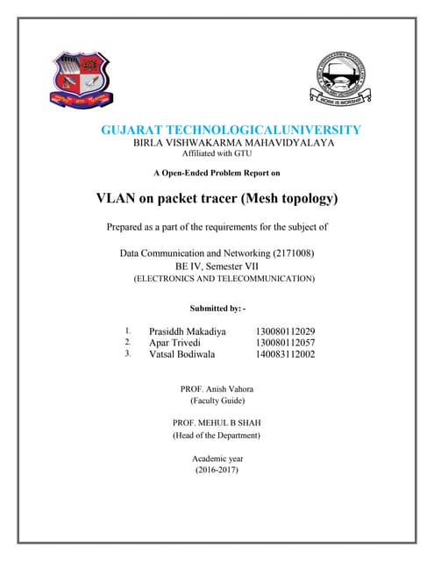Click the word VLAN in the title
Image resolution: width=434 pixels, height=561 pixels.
coord(117,198)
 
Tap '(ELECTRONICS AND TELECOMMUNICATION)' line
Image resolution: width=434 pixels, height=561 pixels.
coord(224,278)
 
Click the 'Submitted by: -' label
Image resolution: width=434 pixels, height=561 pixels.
coord(217,309)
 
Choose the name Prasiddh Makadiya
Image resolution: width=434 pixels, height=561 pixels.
coord(187,331)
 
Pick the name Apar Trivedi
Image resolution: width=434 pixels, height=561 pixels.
coord(174,343)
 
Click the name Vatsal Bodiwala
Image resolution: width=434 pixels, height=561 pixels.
coord(181,354)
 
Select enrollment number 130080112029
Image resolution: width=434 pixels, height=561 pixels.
coord(285,331)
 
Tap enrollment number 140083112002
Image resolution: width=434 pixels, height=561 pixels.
coord(285,354)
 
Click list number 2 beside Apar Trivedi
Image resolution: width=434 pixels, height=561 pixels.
coord(128,343)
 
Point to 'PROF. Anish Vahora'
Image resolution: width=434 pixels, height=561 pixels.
coord(217,387)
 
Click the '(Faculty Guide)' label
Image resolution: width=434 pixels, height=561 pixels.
coord(217,400)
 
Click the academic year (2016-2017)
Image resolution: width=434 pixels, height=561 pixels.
coord(217,471)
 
